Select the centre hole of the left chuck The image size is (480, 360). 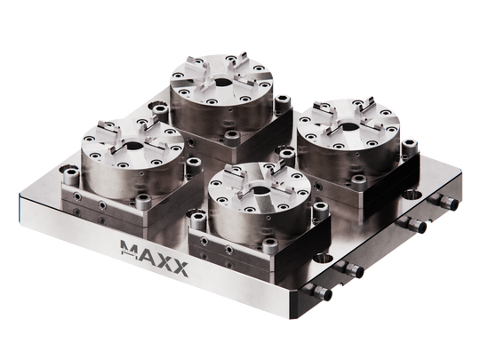click(132, 148)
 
